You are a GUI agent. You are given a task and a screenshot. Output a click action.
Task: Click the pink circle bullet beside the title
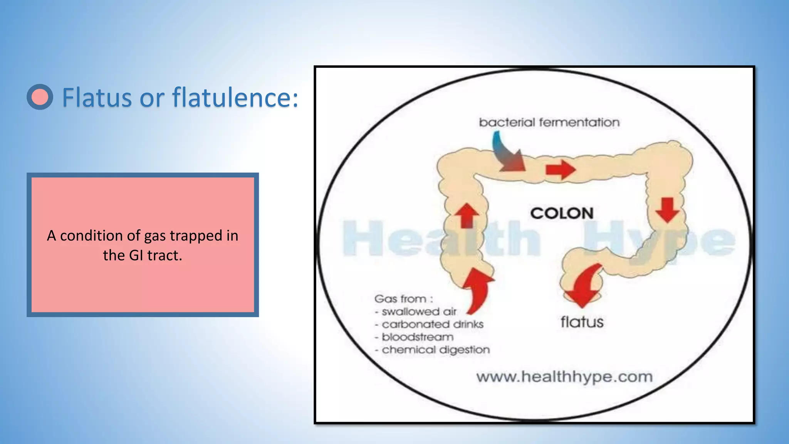(x=40, y=97)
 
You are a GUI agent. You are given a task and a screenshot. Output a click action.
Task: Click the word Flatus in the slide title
(x=97, y=98)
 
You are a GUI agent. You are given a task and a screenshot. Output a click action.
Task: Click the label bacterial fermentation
(x=549, y=123)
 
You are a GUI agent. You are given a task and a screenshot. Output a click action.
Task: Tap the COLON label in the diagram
(x=562, y=213)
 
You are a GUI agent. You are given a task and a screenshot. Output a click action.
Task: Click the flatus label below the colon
(x=582, y=322)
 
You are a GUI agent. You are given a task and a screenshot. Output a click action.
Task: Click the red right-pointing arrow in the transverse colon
(x=561, y=169)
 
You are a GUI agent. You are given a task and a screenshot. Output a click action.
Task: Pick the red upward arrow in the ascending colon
(x=467, y=215)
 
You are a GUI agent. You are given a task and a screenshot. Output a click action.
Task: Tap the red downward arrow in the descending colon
(x=667, y=210)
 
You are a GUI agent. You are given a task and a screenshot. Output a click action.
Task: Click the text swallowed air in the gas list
(x=419, y=311)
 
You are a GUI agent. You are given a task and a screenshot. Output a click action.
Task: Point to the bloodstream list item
(x=418, y=337)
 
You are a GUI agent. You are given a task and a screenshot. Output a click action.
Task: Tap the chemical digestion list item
(x=436, y=350)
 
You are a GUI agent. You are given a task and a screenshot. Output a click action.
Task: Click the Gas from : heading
(x=403, y=299)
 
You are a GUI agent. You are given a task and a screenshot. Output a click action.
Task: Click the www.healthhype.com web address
(x=564, y=377)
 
